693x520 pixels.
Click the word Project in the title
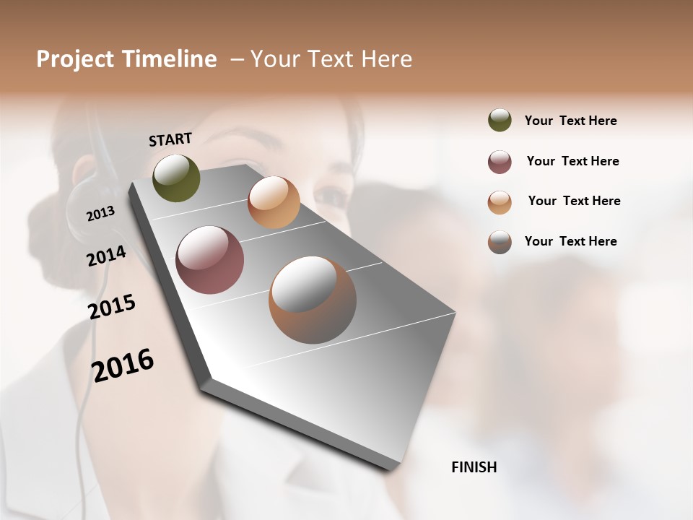[x=74, y=59]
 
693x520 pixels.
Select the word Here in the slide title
[x=386, y=59]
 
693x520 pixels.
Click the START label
[x=170, y=139]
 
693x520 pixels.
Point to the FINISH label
[x=474, y=467]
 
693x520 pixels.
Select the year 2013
[x=100, y=214]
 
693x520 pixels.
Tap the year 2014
[x=106, y=256]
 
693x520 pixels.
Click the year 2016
[x=123, y=365]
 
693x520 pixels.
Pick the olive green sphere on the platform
[x=176, y=178]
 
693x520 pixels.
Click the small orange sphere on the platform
[x=274, y=202]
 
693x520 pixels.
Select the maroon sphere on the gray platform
[x=209, y=260]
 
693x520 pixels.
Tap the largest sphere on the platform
[x=313, y=300]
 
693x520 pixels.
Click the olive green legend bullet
[x=500, y=120]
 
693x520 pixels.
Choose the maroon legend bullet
[x=500, y=162]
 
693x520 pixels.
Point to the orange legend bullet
[x=500, y=202]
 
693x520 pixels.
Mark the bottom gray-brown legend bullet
[x=500, y=242]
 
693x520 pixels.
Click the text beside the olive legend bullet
[x=570, y=121]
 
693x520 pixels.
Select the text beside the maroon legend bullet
[x=572, y=161]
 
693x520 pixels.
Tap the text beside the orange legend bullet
[x=574, y=201]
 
